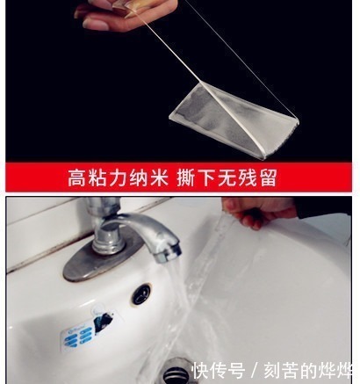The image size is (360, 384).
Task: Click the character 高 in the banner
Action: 76,178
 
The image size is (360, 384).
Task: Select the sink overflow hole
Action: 140,293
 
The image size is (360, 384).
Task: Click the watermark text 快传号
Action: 218,370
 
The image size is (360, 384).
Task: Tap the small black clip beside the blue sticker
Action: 104,322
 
